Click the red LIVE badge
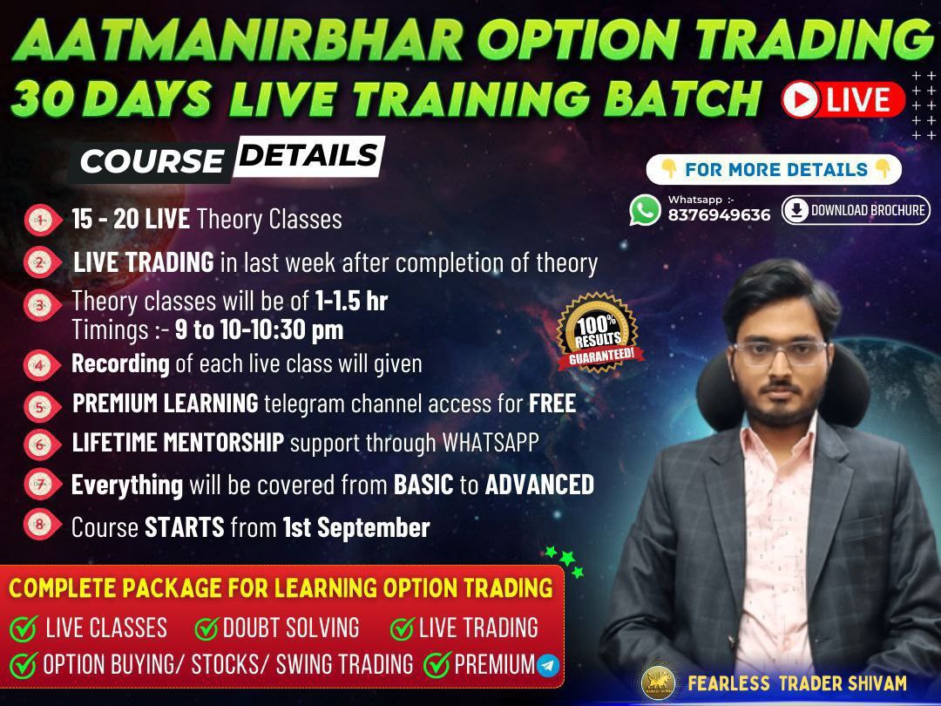pyautogui.click(x=843, y=100)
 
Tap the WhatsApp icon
pyautogui.click(x=646, y=210)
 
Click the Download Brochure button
pyautogui.click(x=856, y=210)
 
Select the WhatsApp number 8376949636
pyautogui.click(x=719, y=215)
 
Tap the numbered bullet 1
pyautogui.click(x=38, y=221)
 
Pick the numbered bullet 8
pyautogui.click(x=38, y=525)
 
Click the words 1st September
pyautogui.click(x=356, y=527)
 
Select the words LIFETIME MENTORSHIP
pyautogui.click(x=178, y=443)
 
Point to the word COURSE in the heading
pyautogui.click(x=151, y=161)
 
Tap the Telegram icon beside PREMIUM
pyautogui.click(x=548, y=666)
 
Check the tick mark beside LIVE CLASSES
pyautogui.click(x=24, y=628)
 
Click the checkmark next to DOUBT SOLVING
pyautogui.click(x=206, y=628)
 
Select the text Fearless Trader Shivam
pyautogui.click(x=796, y=682)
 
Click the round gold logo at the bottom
pyautogui.click(x=658, y=683)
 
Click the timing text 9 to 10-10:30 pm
pyautogui.click(x=259, y=329)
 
